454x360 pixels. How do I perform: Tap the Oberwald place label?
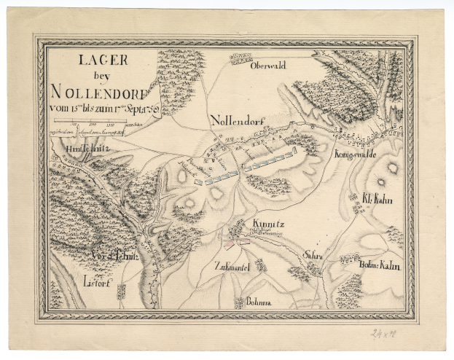tap(267, 66)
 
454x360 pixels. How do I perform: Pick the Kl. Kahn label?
tap(376, 197)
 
